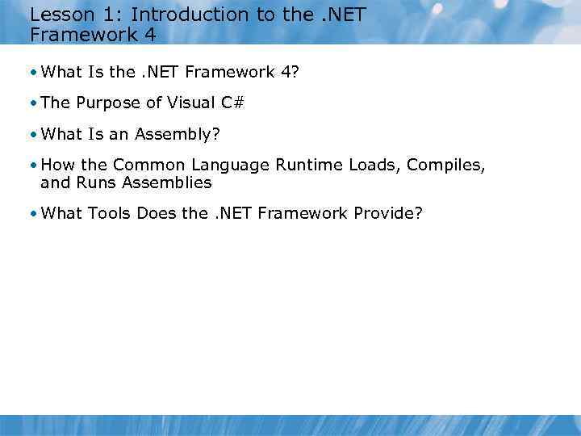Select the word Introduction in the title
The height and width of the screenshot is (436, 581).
(178, 14)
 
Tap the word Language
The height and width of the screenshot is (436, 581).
(230, 166)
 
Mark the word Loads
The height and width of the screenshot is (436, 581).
(375, 165)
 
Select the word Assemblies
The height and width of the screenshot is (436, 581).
(167, 182)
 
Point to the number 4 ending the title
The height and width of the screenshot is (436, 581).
(150, 34)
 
